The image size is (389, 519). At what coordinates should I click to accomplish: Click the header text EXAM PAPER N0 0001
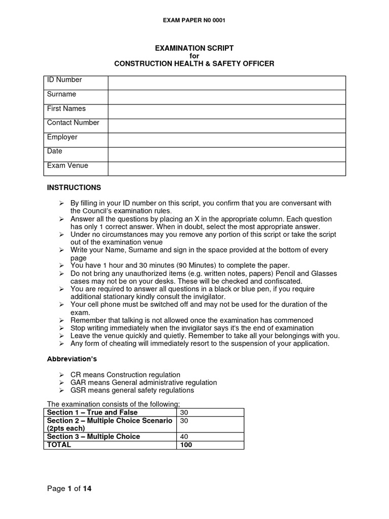pos(194,20)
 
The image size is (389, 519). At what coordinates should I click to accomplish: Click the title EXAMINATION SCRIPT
pos(194,48)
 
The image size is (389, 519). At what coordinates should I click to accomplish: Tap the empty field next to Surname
pos(226,97)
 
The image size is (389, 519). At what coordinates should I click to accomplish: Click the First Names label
pos(66,108)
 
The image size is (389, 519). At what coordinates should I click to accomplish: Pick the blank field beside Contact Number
pos(226,125)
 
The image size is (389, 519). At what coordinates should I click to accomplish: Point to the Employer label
pos(62,137)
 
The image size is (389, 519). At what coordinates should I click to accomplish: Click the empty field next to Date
pos(226,154)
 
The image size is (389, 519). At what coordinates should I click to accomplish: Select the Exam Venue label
pos(67,165)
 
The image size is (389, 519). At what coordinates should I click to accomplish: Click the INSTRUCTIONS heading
pos(74,188)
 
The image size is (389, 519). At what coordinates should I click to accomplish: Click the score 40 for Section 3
pos(184,436)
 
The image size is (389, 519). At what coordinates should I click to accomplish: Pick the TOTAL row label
pos(59,444)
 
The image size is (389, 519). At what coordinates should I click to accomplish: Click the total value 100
pos(186,444)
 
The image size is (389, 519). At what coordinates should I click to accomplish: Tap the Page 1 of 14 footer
pos(69,489)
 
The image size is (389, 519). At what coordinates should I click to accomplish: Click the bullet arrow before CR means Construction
pos(61,375)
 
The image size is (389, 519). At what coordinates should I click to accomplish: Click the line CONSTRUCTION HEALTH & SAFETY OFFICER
pos(194,63)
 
